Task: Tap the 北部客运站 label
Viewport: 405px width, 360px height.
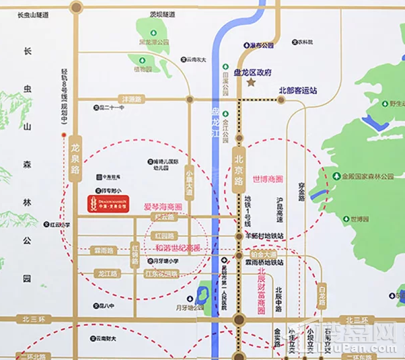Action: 297,89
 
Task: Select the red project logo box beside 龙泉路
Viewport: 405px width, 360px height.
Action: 108,203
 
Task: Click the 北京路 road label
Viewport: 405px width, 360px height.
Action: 237,167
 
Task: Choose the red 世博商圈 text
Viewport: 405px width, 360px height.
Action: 268,180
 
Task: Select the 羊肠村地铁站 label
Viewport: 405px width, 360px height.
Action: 264,236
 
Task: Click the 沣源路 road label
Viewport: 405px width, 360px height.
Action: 129,100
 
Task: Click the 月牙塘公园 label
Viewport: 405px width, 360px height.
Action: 189,308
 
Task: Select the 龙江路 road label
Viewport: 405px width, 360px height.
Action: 106,274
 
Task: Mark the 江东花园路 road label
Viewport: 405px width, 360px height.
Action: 161,274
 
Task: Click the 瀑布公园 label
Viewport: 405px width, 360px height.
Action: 261,46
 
